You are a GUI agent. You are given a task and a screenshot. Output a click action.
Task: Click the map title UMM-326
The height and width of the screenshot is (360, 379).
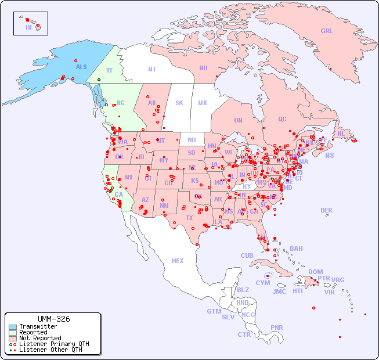click(x=53, y=319)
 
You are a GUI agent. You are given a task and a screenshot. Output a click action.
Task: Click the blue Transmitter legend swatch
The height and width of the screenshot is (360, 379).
click(x=13, y=327)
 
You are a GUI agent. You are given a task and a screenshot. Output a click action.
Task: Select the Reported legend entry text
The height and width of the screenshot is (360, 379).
click(x=33, y=332)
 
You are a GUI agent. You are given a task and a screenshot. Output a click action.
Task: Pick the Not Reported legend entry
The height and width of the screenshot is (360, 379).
click(x=39, y=338)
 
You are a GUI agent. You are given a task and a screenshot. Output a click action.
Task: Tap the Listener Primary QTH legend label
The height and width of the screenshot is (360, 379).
click(x=54, y=344)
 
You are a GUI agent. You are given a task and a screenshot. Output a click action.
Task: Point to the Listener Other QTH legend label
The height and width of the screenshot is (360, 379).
click(x=50, y=350)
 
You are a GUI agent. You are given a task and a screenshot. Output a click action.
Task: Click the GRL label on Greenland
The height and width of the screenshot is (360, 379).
click(x=327, y=31)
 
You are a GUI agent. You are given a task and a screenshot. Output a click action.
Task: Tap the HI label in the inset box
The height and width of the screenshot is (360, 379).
click(x=28, y=27)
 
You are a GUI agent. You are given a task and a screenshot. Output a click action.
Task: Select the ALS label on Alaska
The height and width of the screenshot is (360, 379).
click(x=81, y=67)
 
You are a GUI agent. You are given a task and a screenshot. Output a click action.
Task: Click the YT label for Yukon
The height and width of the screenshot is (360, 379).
click(x=109, y=71)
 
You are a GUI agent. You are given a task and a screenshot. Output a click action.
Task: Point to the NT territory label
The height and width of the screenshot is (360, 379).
click(x=152, y=69)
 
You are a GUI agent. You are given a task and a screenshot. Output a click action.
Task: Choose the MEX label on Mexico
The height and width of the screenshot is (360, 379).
click(x=178, y=261)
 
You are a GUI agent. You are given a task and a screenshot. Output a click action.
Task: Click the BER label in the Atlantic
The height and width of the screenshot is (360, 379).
click(x=326, y=210)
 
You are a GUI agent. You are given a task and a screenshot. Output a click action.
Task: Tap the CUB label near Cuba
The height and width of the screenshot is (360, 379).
click(x=247, y=255)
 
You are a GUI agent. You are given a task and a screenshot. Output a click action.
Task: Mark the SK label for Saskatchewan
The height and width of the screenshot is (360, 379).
click(x=179, y=103)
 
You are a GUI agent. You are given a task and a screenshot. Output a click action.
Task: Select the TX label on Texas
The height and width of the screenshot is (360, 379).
click(x=189, y=218)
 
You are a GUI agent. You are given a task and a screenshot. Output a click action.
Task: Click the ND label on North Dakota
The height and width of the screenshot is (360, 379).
click(x=192, y=140)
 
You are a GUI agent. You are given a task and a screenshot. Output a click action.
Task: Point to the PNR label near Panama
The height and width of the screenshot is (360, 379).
click(x=277, y=327)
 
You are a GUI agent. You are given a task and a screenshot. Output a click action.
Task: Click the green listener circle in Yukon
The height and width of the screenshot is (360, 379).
click(x=99, y=80)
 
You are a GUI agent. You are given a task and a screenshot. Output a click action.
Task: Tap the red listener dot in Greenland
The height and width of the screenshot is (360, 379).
click(x=330, y=69)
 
